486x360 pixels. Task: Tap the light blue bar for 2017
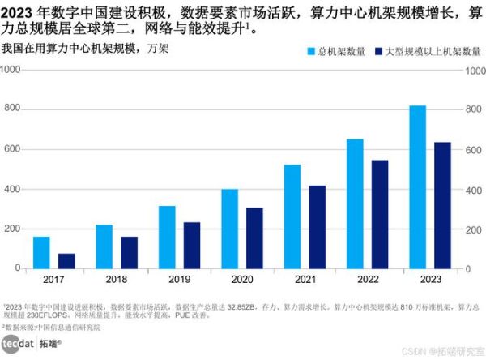(x=41, y=252)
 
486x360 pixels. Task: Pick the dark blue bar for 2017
(x=66, y=260)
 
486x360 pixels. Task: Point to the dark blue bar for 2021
(x=318, y=227)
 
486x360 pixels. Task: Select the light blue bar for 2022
(x=355, y=204)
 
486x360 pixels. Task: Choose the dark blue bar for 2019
(x=192, y=245)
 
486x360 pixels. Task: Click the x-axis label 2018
(x=117, y=280)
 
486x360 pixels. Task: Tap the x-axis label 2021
(x=305, y=280)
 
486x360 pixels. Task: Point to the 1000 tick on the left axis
(x=11, y=70)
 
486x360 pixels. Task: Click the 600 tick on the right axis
(x=475, y=149)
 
